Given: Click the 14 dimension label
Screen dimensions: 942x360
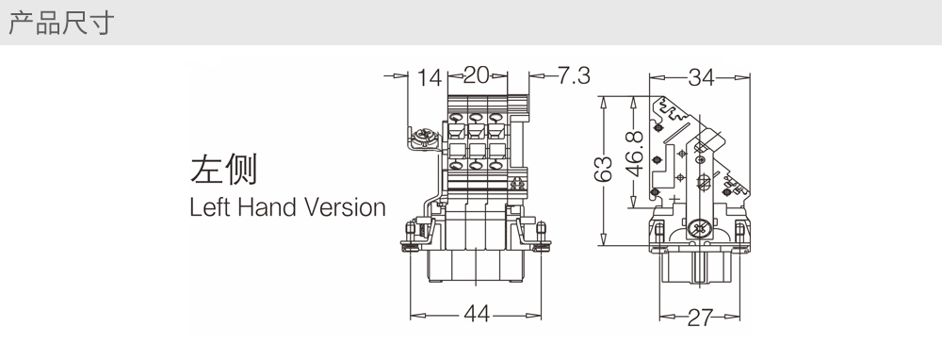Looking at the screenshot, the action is click(430, 77).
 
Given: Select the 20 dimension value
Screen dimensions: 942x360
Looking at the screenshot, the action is click(477, 75).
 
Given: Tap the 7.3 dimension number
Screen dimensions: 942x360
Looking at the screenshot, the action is click(574, 75).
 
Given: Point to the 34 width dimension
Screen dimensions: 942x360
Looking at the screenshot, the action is click(701, 77).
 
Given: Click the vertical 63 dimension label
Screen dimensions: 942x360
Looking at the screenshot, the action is click(603, 169).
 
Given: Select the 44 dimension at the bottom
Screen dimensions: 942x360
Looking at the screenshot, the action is click(477, 315).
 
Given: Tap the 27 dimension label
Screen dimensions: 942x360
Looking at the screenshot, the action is click(700, 318).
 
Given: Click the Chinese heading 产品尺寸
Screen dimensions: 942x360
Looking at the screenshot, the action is click(60, 23).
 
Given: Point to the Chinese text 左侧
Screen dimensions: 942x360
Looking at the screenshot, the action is click(223, 169).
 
